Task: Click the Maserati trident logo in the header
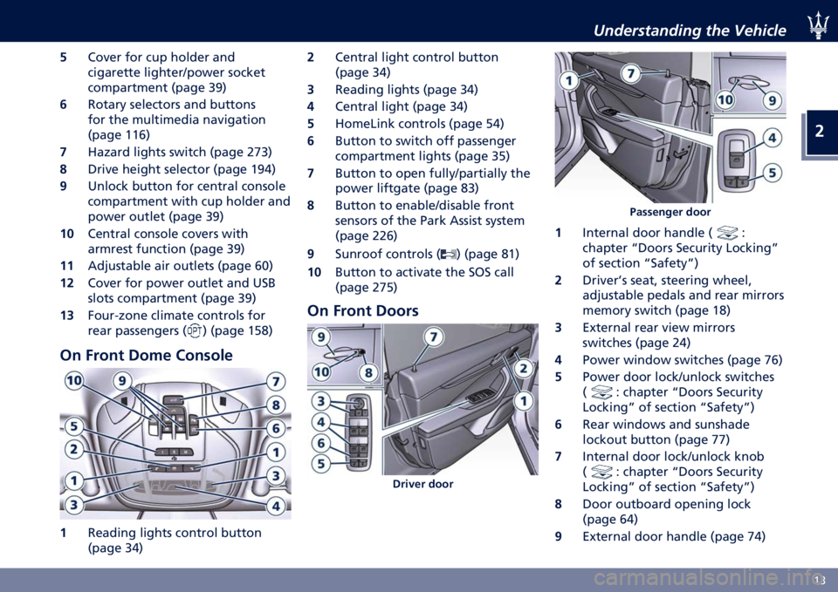click(818, 25)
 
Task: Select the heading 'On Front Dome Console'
click(146, 355)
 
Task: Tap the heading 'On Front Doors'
click(363, 310)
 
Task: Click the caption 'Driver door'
click(422, 484)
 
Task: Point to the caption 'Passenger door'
click(670, 212)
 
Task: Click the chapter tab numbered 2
click(820, 132)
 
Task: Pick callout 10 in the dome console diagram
click(74, 381)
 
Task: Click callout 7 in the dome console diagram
click(276, 381)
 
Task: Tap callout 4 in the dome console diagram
click(276, 506)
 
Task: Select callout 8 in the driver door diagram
click(368, 372)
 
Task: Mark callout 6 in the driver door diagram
click(320, 443)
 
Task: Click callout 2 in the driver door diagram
click(523, 368)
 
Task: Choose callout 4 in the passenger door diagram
click(773, 138)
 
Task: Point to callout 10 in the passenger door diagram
click(725, 99)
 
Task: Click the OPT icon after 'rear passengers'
click(196, 331)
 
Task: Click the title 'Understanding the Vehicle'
click(690, 31)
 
